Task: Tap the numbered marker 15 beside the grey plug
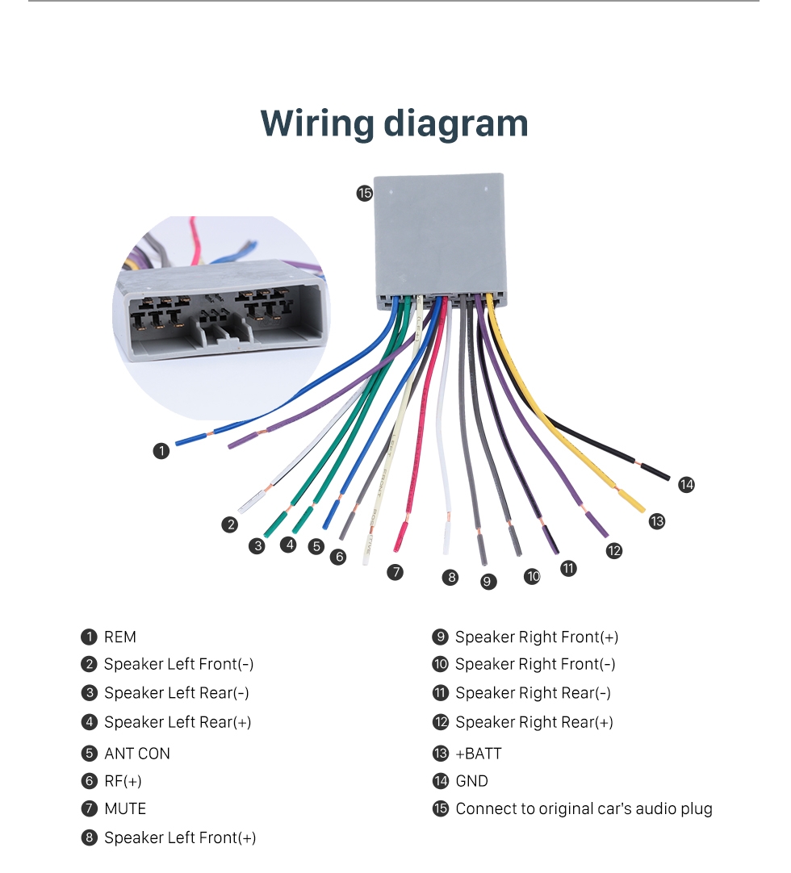click(365, 193)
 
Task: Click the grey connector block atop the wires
click(440, 238)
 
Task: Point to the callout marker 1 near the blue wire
click(161, 451)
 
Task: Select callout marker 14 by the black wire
click(686, 484)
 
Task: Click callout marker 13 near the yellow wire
click(657, 521)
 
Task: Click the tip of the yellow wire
click(638, 506)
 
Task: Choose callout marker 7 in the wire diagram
click(395, 572)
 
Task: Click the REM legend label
click(120, 637)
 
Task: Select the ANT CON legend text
click(137, 754)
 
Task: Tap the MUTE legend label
click(125, 808)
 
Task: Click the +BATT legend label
click(479, 754)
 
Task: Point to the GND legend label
click(472, 781)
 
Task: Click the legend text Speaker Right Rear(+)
click(534, 722)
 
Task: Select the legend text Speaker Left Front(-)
click(178, 664)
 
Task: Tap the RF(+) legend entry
click(123, 781)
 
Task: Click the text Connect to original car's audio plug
click(584, 808)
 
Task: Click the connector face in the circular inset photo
click(222, 315)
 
